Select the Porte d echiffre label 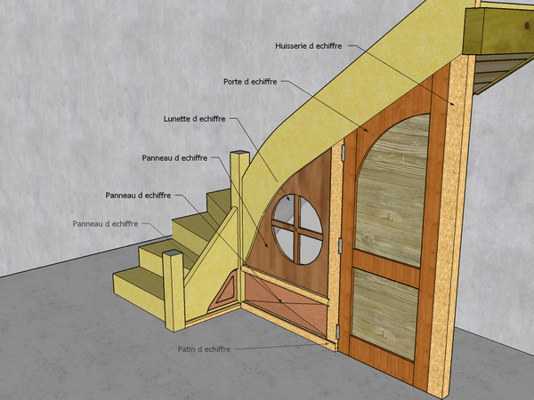click(250, 82)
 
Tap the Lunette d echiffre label click(194, 119)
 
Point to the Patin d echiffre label click(204, 349)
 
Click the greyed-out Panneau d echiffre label click(105, 224)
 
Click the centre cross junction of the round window click(297, 229)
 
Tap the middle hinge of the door click(340, 245)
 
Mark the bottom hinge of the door click(338, 332)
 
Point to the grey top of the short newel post click(173, 253)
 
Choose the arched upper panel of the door click(392, 190)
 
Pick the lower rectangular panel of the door click(384, 314)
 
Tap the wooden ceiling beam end click(473, 31)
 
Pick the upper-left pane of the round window click(285, 210)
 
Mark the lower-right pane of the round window click(311, 250)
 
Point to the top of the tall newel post click(239, 153)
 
